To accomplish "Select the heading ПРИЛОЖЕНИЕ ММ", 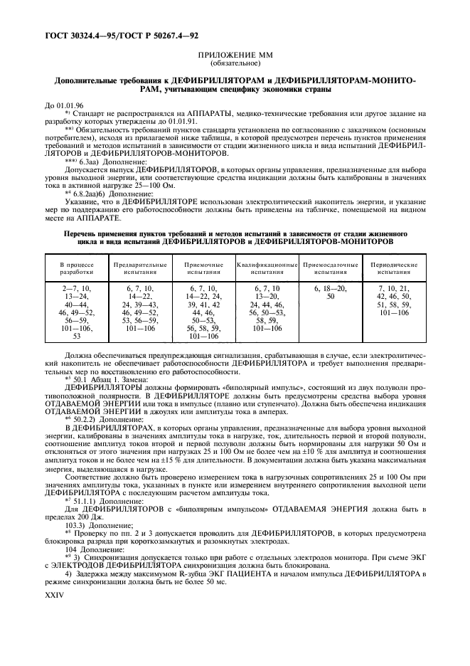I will coord(235,54).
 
